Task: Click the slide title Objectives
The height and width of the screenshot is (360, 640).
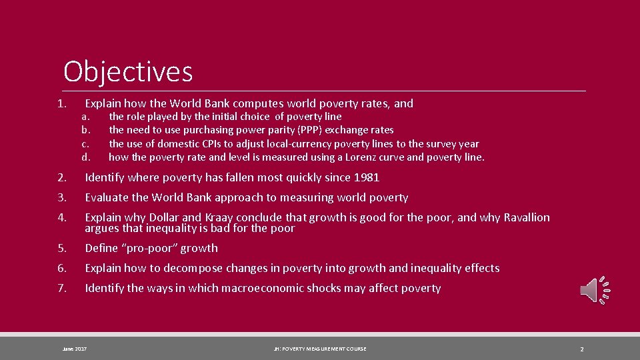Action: tap(128, 71)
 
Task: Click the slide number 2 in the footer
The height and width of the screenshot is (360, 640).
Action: tap(581, 349)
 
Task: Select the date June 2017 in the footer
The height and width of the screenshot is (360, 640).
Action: tap(74, 349)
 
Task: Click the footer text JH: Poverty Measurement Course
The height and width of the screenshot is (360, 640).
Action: tap(319, 349)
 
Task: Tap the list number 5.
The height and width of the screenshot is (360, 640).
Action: tap(61, 248)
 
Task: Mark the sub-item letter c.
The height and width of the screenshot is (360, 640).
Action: tap(85, 144)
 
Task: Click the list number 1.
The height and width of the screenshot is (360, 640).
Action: tap(61, 103)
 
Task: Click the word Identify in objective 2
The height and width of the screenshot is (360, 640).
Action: tap(104, 177)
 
